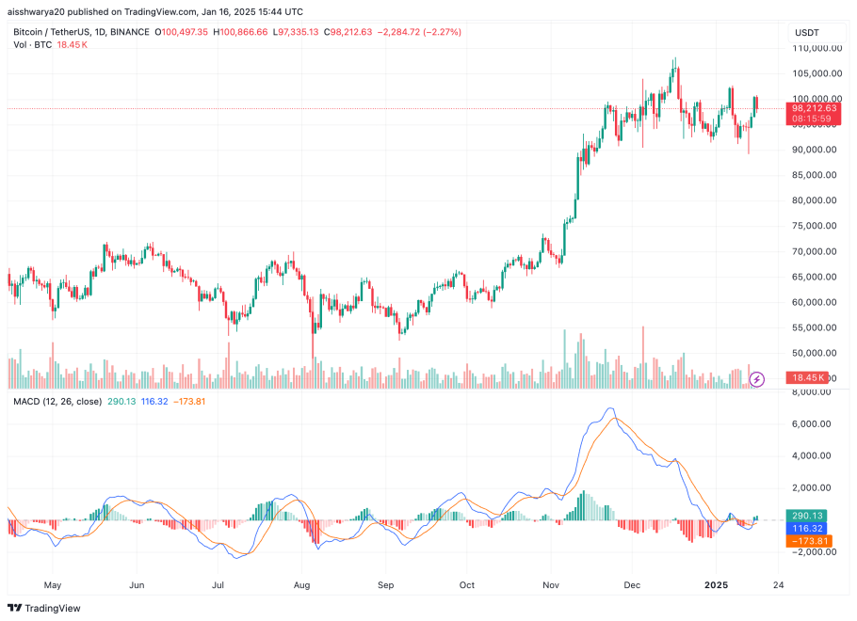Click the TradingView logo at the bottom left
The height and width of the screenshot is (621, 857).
coord(48,607)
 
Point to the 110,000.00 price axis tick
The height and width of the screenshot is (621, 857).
coord(816,48)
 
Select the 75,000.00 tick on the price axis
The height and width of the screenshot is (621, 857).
coord(816,226)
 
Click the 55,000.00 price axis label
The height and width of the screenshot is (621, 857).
coord(816,327)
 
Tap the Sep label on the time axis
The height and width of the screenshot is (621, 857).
coord(384,584)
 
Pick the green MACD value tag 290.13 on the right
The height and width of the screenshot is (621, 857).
coord(809,516)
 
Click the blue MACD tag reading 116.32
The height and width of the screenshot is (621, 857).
coord(809,529)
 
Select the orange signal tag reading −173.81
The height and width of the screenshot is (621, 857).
coord(809,541)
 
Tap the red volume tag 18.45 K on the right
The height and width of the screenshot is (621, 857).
coord(809,378)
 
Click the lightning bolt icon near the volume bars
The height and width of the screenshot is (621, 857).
coord(757,379)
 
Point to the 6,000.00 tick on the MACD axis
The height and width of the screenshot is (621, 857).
coord(816,424)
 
